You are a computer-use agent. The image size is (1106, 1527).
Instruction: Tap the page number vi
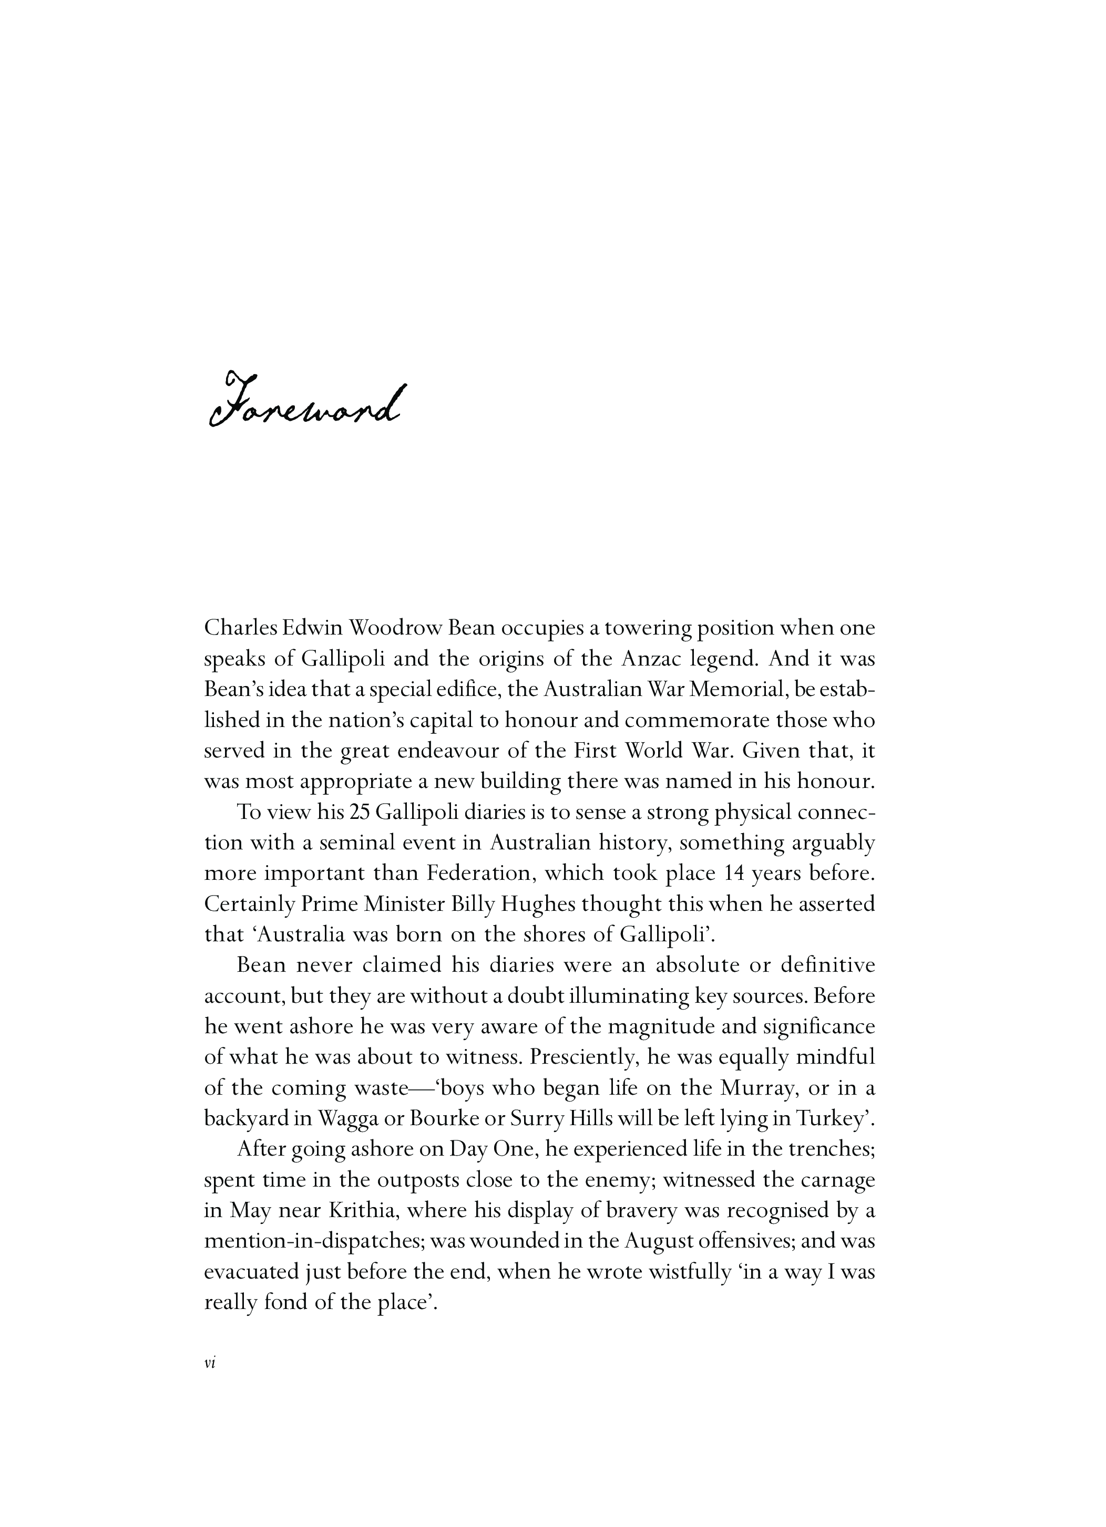pyautogui.click(x=209, y=1362)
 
